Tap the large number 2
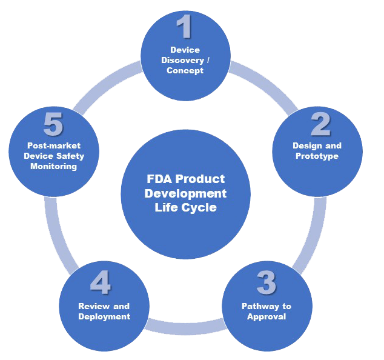pyautogui.click(x=320, y=124)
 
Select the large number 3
pyautogui.click(x=266, y=283)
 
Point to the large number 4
pyautogui.click(x=101, y=283)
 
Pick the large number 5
pyautogui.click(x=53, y=126)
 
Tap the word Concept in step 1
pyautogui.click(x=185, y=70)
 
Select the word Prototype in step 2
pyautogui.click(x=317, y=156)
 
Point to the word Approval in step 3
pyautogui.click(x=266, y=316)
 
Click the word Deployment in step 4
pyautogui.click(x=104, y=316)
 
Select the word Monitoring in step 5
pyautogui.click(x=55, y=166)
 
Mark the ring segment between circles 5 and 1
pyautogui.click(x=109, y=84)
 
